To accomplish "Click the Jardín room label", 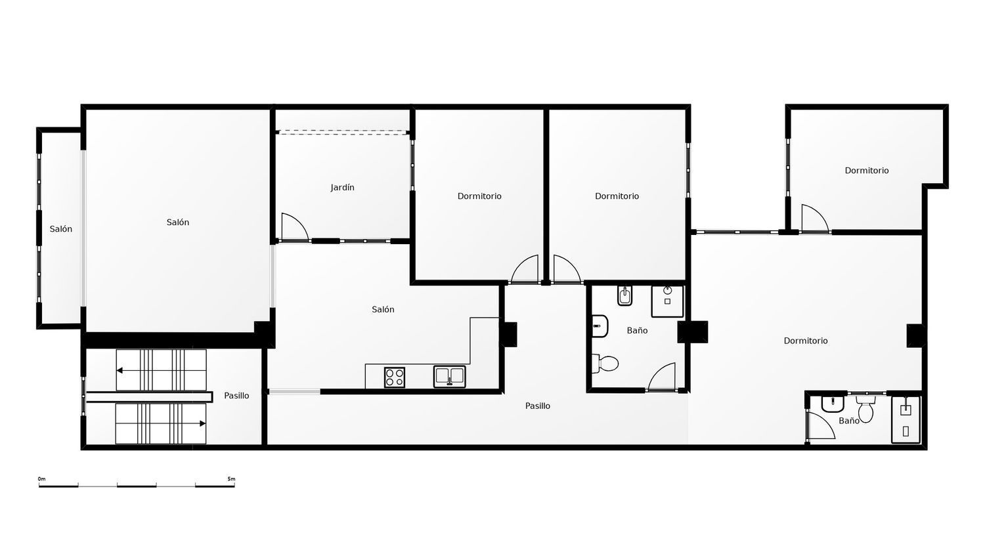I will pos(342,188).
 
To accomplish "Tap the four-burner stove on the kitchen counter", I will pos(395,377).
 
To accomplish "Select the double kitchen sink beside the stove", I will pos(449,376).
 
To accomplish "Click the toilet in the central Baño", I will pos(606,363).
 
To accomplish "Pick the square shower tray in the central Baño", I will pos(667,301).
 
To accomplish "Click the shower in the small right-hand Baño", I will pos(906,419).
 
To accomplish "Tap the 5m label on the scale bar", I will pos(231,479).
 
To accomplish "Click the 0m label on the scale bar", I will pos(41,479).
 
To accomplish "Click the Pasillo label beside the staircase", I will pos(236,396).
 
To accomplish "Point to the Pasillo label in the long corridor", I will pos(538,406).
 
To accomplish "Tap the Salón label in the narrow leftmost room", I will pos(61,229).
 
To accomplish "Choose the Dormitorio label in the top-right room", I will pos(867,171).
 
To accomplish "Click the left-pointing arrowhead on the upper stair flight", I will pos(120,370).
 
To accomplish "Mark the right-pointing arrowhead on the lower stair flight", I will pos(202,423).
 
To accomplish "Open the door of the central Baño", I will pos(662,377).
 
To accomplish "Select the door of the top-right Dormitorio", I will pos(814,219).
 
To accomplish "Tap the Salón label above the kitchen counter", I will pos(383,310).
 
